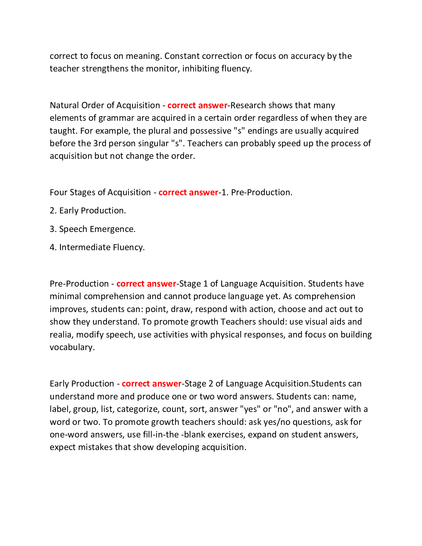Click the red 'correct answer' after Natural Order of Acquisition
pyautogui.click(x=197, y=105)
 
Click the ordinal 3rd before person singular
pyautogui.click(x=100, y=143)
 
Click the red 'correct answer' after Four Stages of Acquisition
pyautogui.click(x=188, y=192)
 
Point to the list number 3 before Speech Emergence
pyautogui.click(x=53, y=229)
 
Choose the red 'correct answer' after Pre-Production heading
pyautogui.click(x=146, y=284)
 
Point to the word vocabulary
pyautogui.click(x=72, y=347)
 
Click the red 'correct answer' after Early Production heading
pyautogui.click(x=152, y=384)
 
